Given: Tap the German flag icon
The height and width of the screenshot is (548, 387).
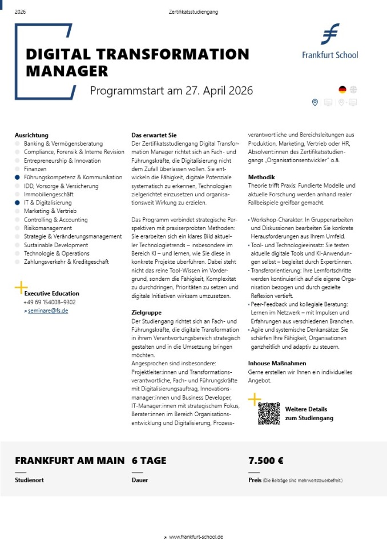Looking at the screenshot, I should coord(342,89).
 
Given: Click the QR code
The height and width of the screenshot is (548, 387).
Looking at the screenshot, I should coord(269,413).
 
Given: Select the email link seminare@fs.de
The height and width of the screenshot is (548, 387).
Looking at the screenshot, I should coord(48,311).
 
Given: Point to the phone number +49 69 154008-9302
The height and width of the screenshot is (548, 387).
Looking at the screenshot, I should coord(49,302).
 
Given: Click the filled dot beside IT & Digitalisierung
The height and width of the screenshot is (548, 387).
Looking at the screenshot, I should coord(18,203).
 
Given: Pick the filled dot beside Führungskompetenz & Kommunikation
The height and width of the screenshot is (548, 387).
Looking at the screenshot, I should coord(18,178).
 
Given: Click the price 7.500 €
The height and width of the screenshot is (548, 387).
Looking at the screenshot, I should coord(266,461).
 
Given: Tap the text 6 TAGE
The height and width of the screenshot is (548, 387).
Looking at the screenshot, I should coord(150,461).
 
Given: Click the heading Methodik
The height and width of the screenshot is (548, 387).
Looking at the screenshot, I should coord(261,178).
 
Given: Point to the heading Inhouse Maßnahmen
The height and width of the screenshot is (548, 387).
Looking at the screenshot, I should coord(277,363).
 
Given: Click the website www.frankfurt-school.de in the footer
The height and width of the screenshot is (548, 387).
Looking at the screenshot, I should coord(196,537).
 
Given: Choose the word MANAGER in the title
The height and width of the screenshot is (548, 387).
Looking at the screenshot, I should coord(67,72).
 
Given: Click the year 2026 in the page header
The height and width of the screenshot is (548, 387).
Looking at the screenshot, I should coord(20,11).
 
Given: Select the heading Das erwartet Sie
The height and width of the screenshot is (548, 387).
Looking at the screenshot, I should coord(150,135).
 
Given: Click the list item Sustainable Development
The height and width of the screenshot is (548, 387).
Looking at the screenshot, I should coord(56,245).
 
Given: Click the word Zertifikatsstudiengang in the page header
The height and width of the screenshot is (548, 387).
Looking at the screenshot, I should coord(193,11).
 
